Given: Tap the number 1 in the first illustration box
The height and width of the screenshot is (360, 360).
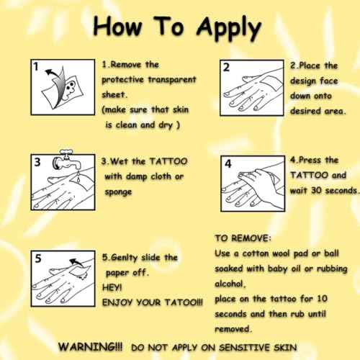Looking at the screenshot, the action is click(36, 66).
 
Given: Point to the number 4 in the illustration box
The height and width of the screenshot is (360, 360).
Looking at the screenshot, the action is click(228, 164).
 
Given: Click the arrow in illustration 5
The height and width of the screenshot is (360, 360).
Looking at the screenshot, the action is click(76, 262).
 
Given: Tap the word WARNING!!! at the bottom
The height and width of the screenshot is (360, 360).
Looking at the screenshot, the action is click(91, 347).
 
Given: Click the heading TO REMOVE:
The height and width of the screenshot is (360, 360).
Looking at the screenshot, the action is click(243, 238).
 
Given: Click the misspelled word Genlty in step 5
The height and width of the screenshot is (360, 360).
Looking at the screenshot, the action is click(125, 258).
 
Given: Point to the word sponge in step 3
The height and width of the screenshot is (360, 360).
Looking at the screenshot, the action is click(118, 192).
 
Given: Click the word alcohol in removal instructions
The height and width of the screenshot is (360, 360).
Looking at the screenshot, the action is click(229, 284).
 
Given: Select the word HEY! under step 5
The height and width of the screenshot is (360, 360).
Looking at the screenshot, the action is click(112, 287).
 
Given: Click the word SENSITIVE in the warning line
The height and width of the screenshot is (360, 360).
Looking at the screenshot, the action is click(244, 348).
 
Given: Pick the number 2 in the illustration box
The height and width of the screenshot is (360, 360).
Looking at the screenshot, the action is click(226, 68).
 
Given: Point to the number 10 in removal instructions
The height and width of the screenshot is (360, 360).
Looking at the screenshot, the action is click(322, 299).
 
